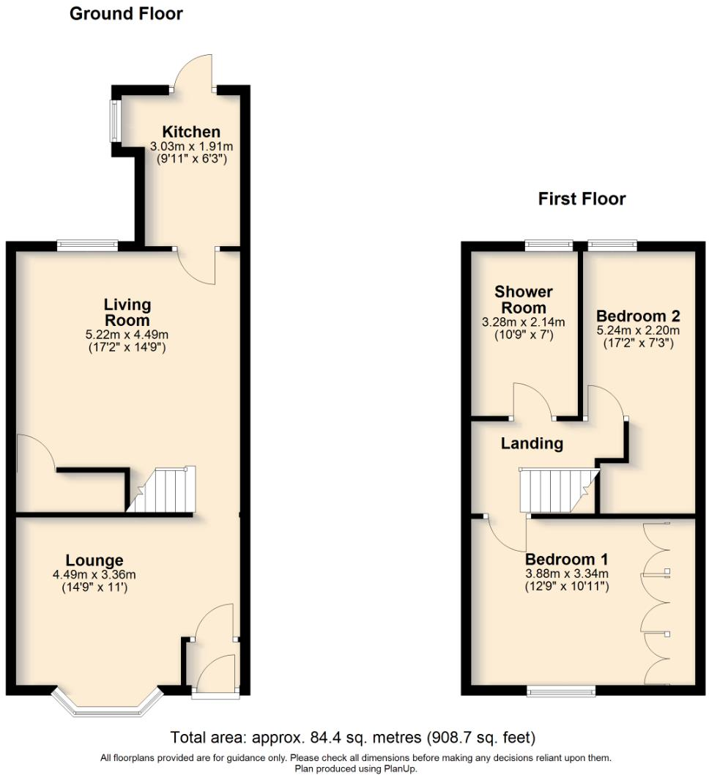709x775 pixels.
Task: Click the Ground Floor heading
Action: tap(126, 13)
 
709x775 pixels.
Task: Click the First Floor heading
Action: tap(582, 199)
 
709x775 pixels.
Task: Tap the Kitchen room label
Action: tap(191, 132)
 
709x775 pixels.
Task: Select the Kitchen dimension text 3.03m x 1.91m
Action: tap(191, 146)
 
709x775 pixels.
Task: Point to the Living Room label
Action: tap(127, 312)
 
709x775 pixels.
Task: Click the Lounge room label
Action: tap(94, 561)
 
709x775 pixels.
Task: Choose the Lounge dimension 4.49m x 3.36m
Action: tap(94, 575)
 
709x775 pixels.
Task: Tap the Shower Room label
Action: tap(524, 300)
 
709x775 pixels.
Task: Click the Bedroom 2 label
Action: tap(638, 316)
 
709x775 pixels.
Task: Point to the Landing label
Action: tap(532, 443)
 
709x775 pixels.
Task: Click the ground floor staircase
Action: tap(163, 489)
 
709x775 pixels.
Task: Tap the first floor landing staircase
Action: tap(557, 491)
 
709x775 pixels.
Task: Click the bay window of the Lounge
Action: tap(106, 703)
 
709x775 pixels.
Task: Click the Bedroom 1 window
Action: tap(563, 690)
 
